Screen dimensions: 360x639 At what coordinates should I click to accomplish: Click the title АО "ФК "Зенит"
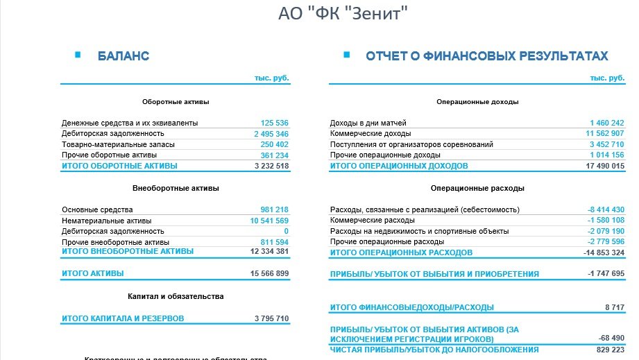click(342, 14)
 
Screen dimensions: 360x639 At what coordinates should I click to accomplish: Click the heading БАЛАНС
click(123, 56)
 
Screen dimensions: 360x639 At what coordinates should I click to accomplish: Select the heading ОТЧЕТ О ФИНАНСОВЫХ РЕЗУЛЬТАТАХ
click(486, 56)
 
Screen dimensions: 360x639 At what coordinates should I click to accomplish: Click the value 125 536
click(274, 123)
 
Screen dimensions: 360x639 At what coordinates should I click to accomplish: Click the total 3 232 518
click(271, 166)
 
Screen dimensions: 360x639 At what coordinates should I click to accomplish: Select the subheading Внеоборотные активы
click(176, 188)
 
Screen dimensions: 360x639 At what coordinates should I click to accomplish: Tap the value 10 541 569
click(269, 221)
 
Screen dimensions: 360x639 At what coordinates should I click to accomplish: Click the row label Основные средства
click(97, 209)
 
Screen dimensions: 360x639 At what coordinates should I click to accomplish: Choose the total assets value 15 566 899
click(269, 274)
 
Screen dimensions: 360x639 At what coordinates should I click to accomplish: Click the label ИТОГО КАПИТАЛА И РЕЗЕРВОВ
click(122, 319)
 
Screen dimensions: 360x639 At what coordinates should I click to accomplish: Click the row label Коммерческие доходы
click(370, 134)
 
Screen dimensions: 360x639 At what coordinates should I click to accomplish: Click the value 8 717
click(613, 307)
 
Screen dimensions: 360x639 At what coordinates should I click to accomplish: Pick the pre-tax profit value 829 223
click(610, 350)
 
